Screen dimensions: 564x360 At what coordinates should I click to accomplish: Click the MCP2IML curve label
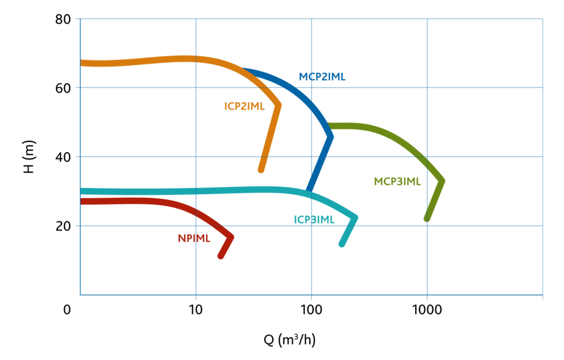pyautogui.click(x=322, y=77)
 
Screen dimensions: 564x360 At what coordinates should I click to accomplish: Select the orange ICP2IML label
pyautogui.click(x=244, y=106)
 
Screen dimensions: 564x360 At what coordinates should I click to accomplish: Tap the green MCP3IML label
pyautogui.click(x=397, y=182)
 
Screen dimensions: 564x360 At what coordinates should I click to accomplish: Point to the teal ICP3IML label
pyautogui.click(x=314, y=220)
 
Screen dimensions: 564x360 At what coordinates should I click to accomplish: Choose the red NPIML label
pyautogui.click(x=194, y=238)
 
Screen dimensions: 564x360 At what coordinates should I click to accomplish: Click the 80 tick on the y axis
pyautogui.click(x=63, y=19)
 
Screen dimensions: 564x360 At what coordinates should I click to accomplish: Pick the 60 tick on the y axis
pyautogui.click(x=63, y=88)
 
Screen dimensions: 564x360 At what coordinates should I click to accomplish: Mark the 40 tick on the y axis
pyautogui.click(x=63, y=157)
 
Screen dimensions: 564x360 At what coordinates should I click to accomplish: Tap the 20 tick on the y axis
pyautogui.click(x=63, y=226)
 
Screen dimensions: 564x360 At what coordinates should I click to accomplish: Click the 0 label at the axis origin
pyautogui.click(x=67, y=309)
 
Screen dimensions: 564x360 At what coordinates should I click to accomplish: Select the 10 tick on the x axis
pyautogui.click(x=196, y=309)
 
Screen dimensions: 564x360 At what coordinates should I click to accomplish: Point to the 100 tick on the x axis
pyautogui.click(x=311, y=309)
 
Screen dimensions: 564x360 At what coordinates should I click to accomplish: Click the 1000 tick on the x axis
pyautogui.click(x=427, y=309)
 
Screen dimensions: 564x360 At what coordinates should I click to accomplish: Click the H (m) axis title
pyautogui.click(x=29, y=157)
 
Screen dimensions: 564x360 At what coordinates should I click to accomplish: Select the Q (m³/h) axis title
pyautogui.click(x=290, y=339)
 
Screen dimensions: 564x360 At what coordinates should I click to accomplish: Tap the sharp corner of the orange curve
pyautogui.click(x=279, y=105)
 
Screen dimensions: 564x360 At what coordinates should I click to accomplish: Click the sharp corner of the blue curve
pyautogui.click(x=331, y=137)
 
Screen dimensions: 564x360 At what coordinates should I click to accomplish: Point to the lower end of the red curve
pyautogui.click(x=221, y=256)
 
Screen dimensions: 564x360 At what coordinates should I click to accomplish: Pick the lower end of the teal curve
pyautogui.click(x=342, y=244)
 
